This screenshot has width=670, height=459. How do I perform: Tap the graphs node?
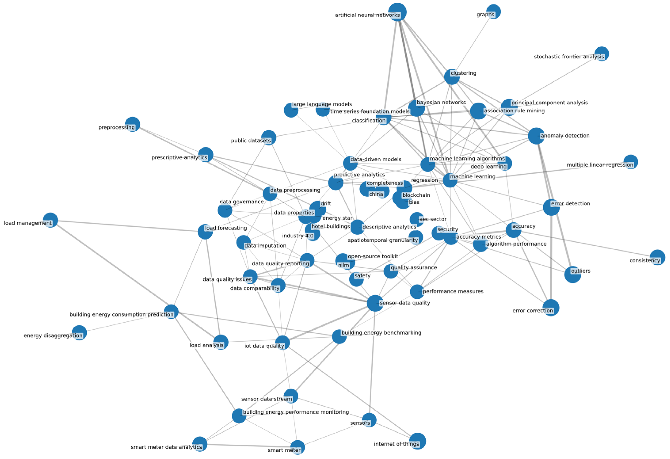pos(493,12)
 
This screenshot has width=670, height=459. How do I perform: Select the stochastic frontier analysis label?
pos(569,57)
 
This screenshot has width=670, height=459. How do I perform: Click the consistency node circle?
pos(657,257)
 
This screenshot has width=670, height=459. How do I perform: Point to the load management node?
pos(50,220)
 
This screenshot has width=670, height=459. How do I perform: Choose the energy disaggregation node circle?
pos(79,333)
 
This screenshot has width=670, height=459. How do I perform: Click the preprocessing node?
pos(132,124)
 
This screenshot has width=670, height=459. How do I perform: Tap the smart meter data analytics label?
pos(166,447)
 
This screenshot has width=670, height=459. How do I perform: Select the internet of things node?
pos(417,441)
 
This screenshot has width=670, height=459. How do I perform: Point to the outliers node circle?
pos(573,274)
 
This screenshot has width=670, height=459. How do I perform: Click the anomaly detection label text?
pos(565,136)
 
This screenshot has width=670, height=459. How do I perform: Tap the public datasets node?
pos(269,138)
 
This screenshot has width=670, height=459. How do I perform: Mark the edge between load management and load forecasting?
pos(127,226)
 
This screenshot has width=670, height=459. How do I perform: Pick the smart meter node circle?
pos(298,448)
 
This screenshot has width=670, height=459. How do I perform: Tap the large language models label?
pos(322,104)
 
